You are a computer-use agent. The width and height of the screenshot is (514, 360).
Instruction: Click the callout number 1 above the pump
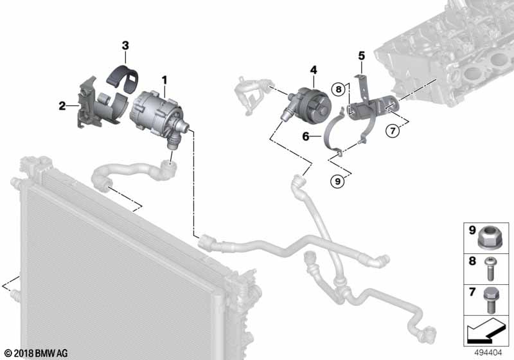click(164, 80)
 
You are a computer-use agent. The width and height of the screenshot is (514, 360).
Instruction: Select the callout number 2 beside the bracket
click(62, 105)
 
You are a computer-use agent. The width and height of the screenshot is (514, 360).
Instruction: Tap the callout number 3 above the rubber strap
click(125, 45)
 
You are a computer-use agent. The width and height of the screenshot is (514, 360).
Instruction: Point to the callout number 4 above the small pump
click(313, 69)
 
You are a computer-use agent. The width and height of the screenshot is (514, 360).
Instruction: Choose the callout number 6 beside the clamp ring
click(306, 136)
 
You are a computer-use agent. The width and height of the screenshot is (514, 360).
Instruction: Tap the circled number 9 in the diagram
click(339, 182)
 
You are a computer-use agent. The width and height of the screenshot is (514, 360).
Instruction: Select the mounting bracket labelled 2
click(90, 106)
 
